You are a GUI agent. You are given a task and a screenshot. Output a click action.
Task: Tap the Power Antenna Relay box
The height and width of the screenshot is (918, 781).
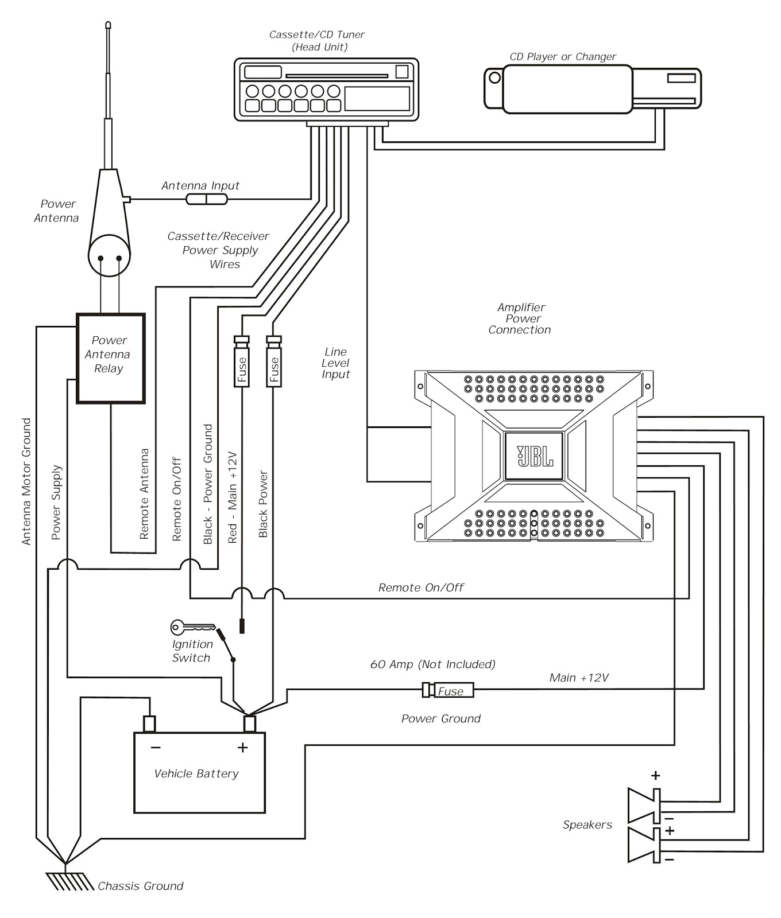[110, 358]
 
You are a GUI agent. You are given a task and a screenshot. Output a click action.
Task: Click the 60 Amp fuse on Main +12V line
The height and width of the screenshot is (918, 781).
[449, 690]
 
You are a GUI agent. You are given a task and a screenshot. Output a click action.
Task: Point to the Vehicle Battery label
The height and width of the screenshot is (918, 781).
[196, 774]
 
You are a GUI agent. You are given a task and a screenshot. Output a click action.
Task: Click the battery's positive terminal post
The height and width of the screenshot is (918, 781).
[250, 724]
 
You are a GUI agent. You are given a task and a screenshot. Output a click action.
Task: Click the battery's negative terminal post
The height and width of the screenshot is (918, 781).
[149, 724]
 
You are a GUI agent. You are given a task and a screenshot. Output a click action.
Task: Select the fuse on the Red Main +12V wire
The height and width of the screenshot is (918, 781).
[241, 362]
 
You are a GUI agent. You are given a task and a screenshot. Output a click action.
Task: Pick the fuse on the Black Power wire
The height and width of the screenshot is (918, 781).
[274, 362]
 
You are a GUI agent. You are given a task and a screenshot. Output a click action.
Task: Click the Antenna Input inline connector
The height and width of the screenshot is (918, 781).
[207, 199]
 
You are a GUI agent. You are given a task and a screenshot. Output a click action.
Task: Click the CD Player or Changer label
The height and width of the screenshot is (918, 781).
[563, 57]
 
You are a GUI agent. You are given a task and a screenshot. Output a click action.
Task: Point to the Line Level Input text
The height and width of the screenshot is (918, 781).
[336, 363]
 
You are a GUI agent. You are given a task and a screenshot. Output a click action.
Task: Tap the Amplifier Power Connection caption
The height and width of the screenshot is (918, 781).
[520, 319]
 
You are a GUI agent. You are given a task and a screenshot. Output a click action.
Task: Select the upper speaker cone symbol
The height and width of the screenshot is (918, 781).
[643, 806]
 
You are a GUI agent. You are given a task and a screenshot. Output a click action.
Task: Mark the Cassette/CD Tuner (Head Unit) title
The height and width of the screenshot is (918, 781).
[317, 41]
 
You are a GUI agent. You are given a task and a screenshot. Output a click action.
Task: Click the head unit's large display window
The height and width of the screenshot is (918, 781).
[377, 99]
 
